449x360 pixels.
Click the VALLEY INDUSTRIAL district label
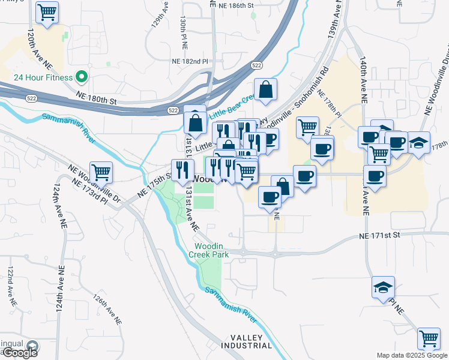tap(246, 342)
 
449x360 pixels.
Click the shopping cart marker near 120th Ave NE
tap(47, 12)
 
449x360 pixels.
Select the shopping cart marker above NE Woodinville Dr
tap(101, 172)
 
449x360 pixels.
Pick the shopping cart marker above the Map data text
tap(429, 338)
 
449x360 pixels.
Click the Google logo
tap(19, 352)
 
